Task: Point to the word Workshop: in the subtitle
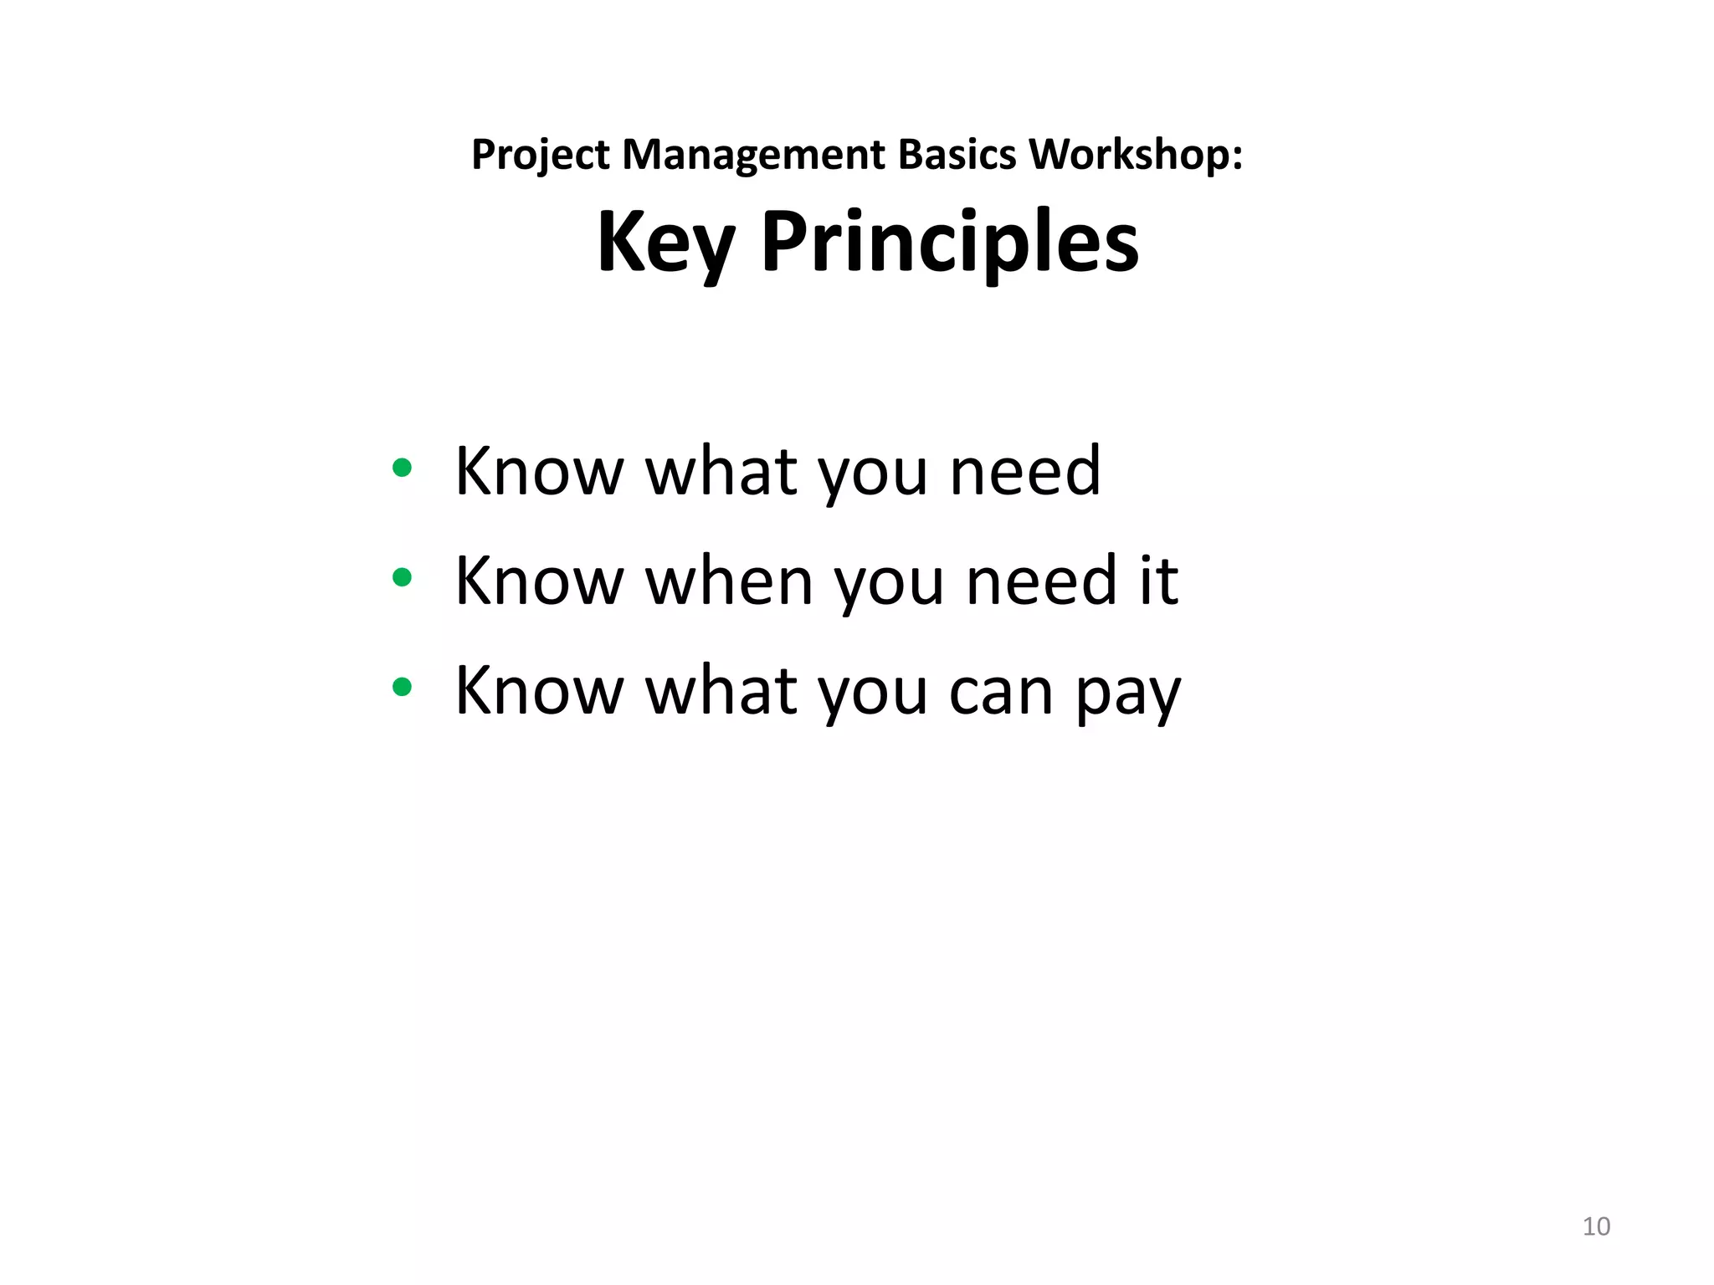(x=1136, y=156)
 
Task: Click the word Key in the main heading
(x=665, y=243)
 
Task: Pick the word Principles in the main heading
(x=950, y=243)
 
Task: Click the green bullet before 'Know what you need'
(x=402, y=468)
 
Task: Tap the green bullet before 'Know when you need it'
(x=402, y=577)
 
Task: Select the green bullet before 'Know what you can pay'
(x=402, y=687)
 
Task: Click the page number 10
(x=1596, y=1226)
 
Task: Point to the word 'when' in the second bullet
(x=730, y=581)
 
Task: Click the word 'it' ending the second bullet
(x=1159, y=581)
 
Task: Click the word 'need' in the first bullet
(x=1025, y=472)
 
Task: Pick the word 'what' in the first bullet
(x=721, y=472)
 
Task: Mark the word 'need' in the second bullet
(x=1042, y=581)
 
